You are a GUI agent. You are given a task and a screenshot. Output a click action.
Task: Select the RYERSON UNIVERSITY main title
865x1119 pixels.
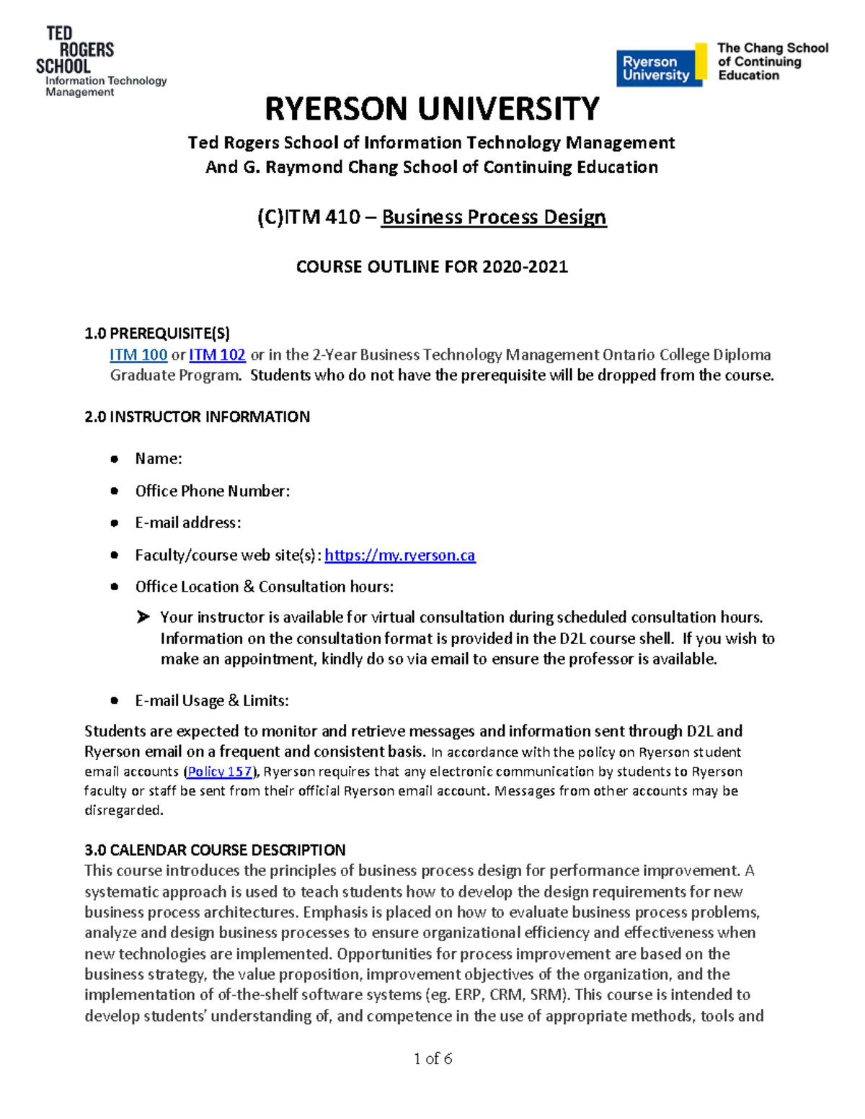point(432,110)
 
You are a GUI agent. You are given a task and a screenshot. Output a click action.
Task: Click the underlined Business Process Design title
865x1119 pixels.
point(494,217)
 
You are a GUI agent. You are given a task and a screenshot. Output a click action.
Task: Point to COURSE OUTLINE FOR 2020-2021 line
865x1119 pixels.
point(432,267)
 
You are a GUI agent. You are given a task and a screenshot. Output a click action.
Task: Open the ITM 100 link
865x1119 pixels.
point(138,355)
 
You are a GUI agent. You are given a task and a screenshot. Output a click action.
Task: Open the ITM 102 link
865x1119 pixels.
point(217,355)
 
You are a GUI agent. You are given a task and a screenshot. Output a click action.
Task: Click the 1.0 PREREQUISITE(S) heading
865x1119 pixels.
point(157,333)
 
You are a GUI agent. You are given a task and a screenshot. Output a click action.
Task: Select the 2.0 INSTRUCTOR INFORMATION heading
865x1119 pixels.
point(197,416)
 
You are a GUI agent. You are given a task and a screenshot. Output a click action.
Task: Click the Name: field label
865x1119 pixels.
point(159,459)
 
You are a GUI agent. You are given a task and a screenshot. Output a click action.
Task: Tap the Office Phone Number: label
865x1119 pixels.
point(213,491)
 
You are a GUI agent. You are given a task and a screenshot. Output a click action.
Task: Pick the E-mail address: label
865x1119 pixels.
point(188,522)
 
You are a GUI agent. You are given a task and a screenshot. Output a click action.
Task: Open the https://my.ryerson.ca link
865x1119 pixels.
point(400,555)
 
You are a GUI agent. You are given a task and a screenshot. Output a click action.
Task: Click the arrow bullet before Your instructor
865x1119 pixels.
point(143,617)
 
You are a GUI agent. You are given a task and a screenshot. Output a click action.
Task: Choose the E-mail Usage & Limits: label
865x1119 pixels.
point(212,700)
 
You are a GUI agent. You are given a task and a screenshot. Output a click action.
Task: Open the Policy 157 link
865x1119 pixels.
point(220,772)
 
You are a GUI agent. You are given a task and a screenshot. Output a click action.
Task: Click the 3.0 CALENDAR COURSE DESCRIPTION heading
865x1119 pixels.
point(215,850)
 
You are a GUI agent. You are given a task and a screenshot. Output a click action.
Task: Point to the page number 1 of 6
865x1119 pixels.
point(432,1058)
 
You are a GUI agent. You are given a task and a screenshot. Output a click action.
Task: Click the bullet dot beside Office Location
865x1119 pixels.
point(114,587)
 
